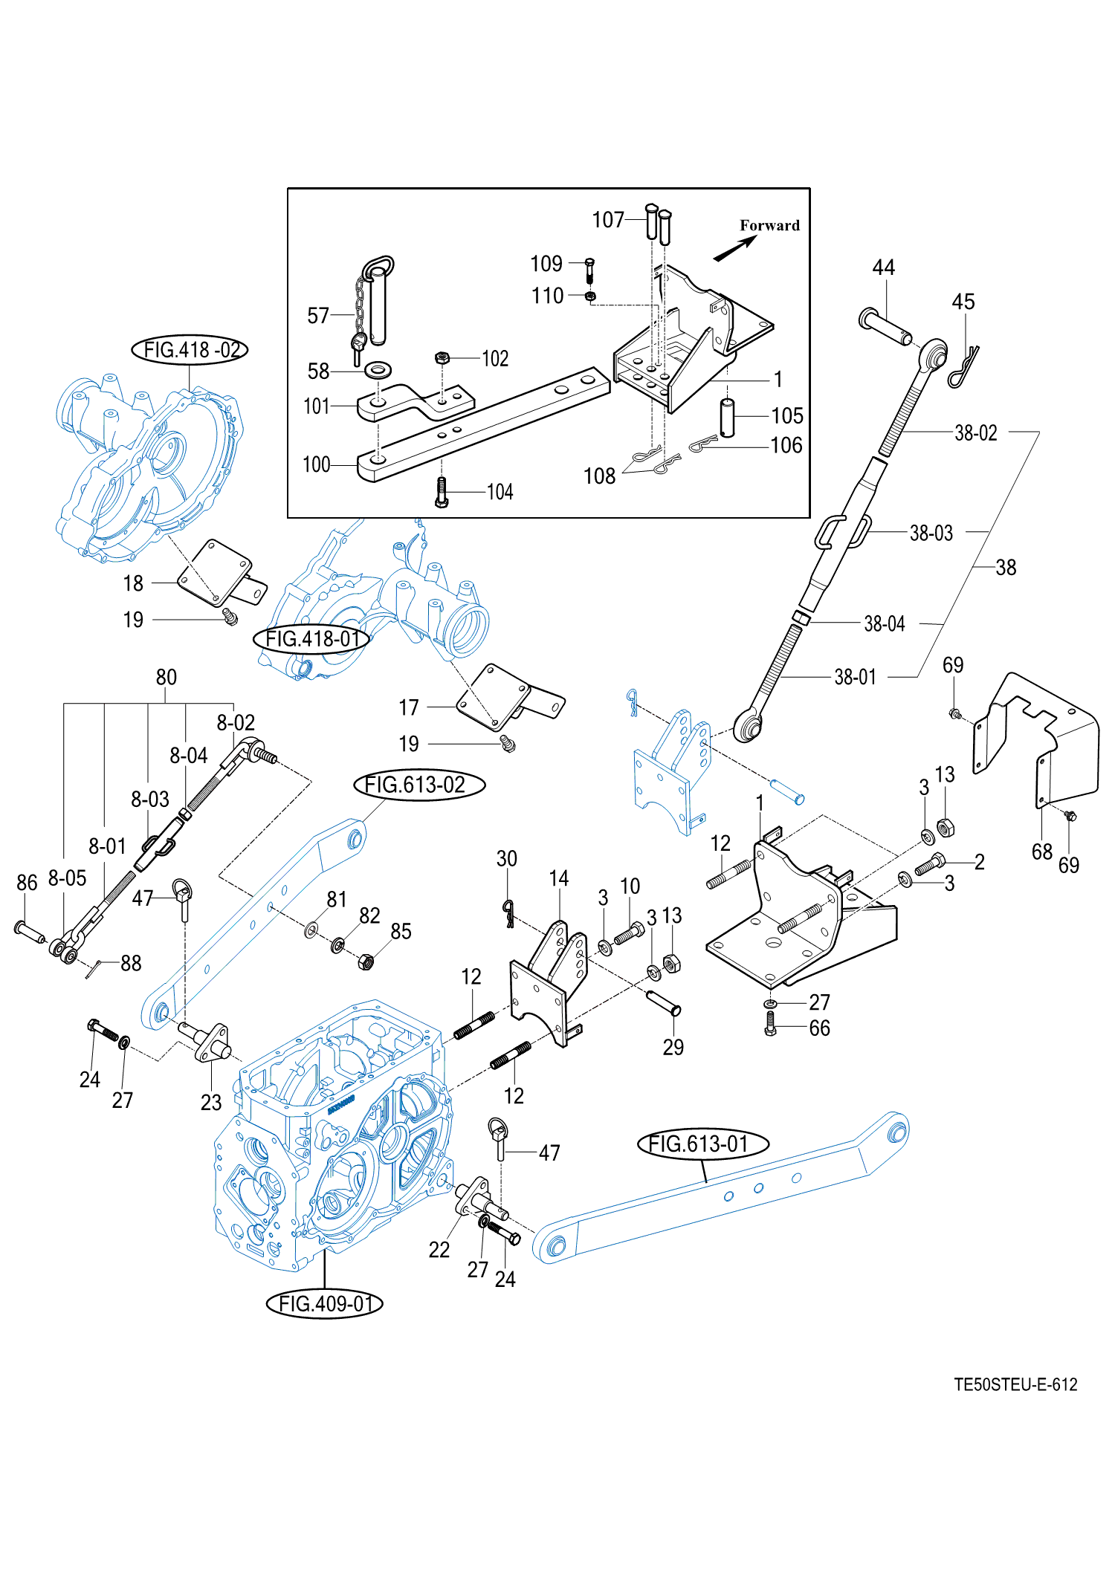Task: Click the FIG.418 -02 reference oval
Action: tap(190, 349)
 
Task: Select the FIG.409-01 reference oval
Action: tap(325, 1303)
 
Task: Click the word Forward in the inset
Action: tap(769, 225)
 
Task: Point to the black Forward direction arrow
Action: tap(735, 248)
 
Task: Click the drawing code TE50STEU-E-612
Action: tap(1015, 1384)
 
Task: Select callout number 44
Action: tap(883, 267)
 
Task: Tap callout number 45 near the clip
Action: tap(963, 302)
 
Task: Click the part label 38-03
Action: tap(931, 533)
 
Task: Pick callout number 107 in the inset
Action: tap(608, 220)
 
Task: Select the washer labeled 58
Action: tap(379, 369)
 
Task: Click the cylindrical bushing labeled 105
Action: tap(727, 418)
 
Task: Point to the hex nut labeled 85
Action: tap(365, 962)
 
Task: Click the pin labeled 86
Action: tap(29, 930)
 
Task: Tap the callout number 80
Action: tap(166, 677)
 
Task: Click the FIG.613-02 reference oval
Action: tap(419, 785)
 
